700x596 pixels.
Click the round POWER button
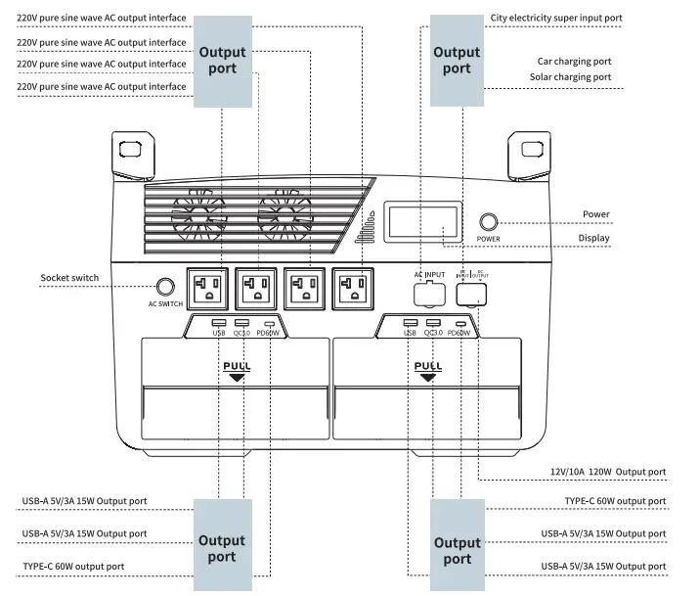pos(488,222)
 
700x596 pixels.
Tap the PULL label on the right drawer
pos(428,367)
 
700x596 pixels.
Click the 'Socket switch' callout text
pos(69,278)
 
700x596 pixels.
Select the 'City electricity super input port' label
pos(555,18)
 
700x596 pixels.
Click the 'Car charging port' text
pos(574,61)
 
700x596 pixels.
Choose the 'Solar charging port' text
pos(570,76)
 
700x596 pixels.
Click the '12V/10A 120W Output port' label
pos(607,472)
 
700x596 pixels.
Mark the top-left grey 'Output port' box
pos(223,60)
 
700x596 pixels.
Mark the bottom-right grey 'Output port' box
pos(457,550)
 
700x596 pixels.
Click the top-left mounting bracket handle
pos(129,150)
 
